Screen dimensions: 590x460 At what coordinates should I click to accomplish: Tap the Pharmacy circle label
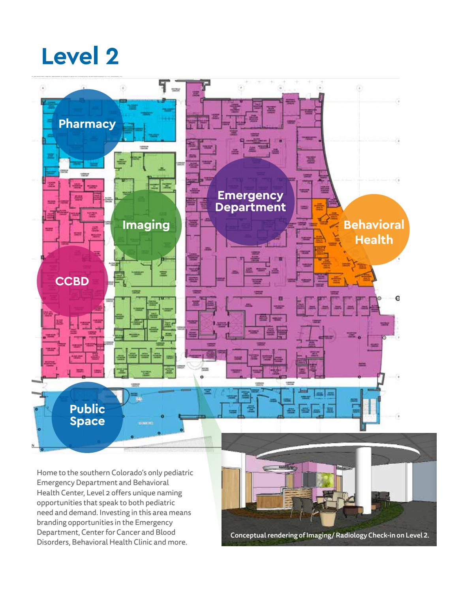[87, 124]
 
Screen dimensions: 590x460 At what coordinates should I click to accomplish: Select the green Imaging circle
[146, 225]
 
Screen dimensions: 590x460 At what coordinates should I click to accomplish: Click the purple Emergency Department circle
[250, 201]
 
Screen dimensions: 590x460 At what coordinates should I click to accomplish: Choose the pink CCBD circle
[72, 281]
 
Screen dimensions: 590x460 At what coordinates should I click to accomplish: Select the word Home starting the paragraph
[45, 472]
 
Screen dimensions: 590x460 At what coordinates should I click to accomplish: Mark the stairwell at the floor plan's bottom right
[371, 413]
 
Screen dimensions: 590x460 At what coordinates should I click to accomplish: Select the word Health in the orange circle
[374, 239]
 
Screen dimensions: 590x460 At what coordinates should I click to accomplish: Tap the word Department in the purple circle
[250, 207]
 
